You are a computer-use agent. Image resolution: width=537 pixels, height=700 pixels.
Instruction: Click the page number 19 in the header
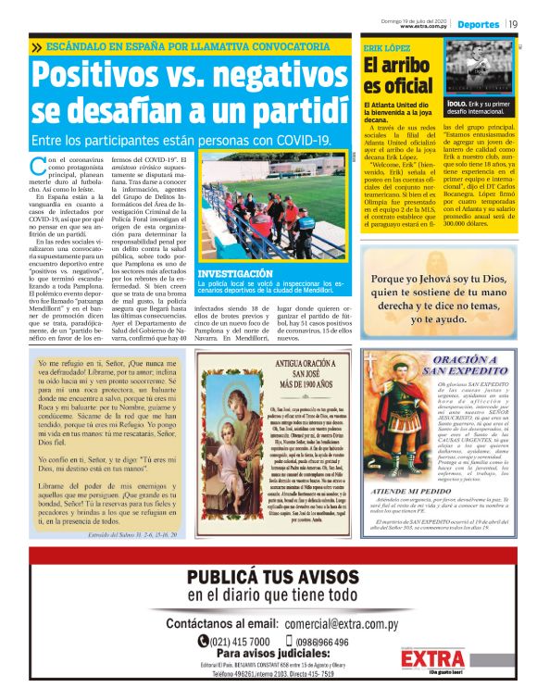[x=514, y=23]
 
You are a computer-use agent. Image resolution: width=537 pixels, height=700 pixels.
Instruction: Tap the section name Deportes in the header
[x=479, y=23]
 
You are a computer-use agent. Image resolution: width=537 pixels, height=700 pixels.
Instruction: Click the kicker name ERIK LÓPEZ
[x=386, y=45]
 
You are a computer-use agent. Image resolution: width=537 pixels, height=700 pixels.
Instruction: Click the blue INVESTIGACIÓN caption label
[x=235, y=274]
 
